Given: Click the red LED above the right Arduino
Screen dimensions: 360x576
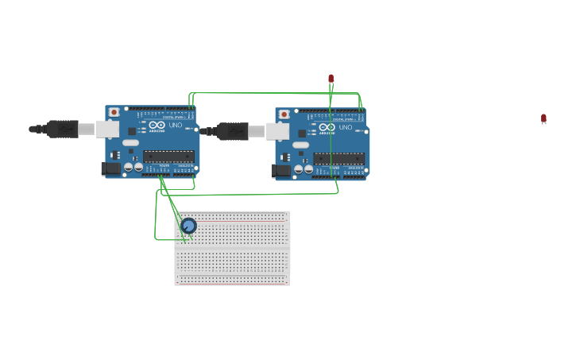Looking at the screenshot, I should [x=331, y=79].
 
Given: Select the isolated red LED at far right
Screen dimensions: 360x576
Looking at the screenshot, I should [x=543, y=118].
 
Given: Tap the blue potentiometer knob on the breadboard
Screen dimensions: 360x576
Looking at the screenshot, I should [x=188, y=226].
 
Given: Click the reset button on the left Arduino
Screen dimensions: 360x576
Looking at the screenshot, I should [x=114, y=112].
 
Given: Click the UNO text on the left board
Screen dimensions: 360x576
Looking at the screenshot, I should [x=176, y=125].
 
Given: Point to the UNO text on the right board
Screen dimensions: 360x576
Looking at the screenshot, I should [x=346, y=127].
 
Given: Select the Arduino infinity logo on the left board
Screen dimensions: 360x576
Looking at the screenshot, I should [x=157, y=125].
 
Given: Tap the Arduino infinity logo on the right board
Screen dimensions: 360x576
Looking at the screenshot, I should [x=327, y=127].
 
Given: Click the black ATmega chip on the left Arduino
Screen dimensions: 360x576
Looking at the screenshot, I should [x=168, y=156].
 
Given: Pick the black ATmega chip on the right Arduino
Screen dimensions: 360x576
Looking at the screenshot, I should [x=339, y=158].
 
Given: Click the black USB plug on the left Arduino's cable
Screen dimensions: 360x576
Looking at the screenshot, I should [x=62, y=129].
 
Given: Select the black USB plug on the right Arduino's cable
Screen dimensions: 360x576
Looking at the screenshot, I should [x=232, y=131].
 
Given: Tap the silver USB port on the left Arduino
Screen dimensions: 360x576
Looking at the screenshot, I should [x=107, y=129].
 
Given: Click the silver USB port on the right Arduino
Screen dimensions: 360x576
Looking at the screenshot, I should [x=277, y=131].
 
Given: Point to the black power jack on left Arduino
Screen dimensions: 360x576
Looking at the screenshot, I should [x=110, y=168].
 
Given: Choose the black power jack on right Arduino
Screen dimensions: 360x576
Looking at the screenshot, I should [x=281, y=170].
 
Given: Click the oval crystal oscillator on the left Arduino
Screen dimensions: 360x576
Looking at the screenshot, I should [x=130, y=143].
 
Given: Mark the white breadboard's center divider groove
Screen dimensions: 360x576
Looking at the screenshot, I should [x=232, y=248].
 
